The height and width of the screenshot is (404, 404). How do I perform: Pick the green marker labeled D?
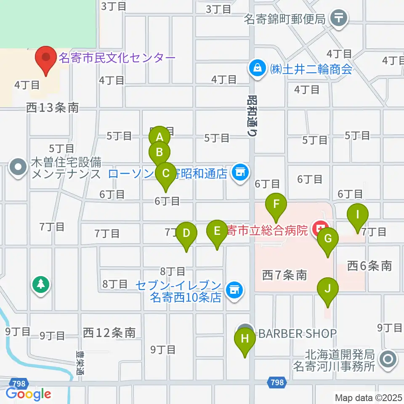[186, 233]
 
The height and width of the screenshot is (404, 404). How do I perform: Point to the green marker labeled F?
[276, 204]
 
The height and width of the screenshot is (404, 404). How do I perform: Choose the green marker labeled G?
[328, 239]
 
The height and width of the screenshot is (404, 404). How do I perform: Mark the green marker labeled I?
[358, 215]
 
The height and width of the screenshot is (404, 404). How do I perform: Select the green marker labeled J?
[328, 289]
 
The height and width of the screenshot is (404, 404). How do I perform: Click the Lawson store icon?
[240, 172]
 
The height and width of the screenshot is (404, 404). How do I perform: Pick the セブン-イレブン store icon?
[234, 290]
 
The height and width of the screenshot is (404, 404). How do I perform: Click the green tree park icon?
[41, 284]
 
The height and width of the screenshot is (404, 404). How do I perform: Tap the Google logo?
[28, 394]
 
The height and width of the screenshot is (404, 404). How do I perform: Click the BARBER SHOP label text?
[298, 334]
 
